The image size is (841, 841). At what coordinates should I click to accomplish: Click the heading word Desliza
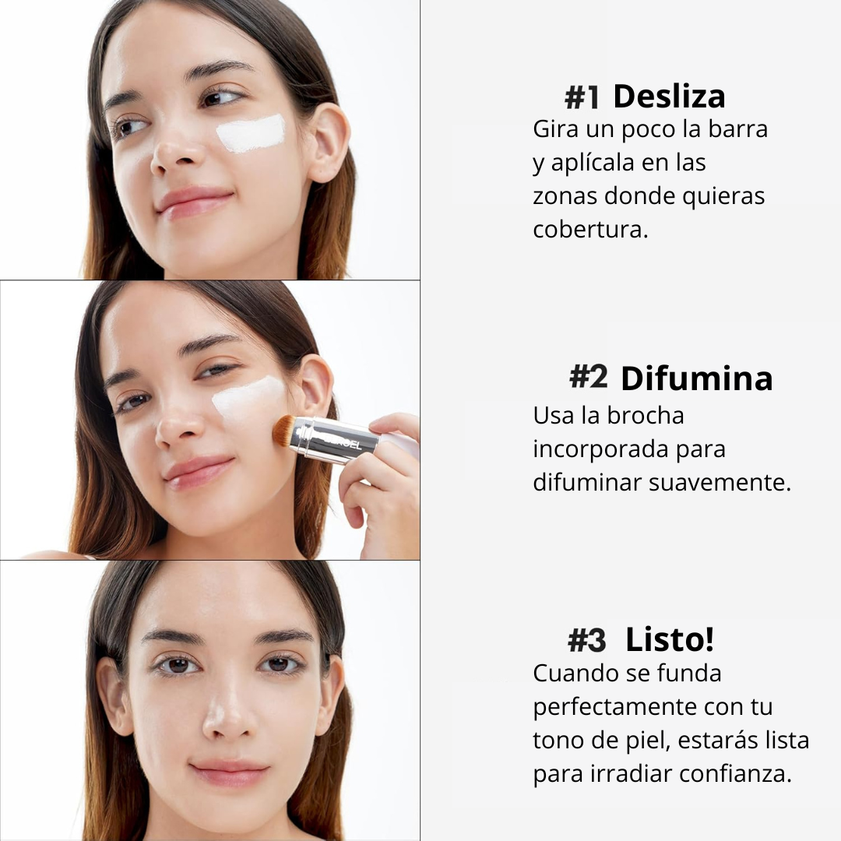point(669,97)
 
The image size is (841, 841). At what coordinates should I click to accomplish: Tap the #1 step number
point(582,98)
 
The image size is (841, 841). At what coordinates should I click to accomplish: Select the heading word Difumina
point(696,378)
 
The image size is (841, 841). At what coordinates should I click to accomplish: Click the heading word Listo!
point(670,639)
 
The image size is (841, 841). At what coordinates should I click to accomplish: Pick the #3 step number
point(587,640)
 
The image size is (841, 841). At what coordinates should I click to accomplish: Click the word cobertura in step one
point(590,229)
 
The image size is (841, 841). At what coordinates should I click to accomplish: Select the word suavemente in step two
point(720,482)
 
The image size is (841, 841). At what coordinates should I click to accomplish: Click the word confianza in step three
point(735,773)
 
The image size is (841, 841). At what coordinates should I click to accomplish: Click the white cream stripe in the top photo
point(251,133)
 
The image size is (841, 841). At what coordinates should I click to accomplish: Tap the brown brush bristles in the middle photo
point(283,430)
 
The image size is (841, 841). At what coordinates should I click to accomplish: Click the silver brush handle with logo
point(335,440)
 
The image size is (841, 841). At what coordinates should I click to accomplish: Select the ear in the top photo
point(329,143)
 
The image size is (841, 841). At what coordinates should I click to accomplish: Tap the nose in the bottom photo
point(229,713)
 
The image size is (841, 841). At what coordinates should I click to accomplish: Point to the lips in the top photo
point(194,202)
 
